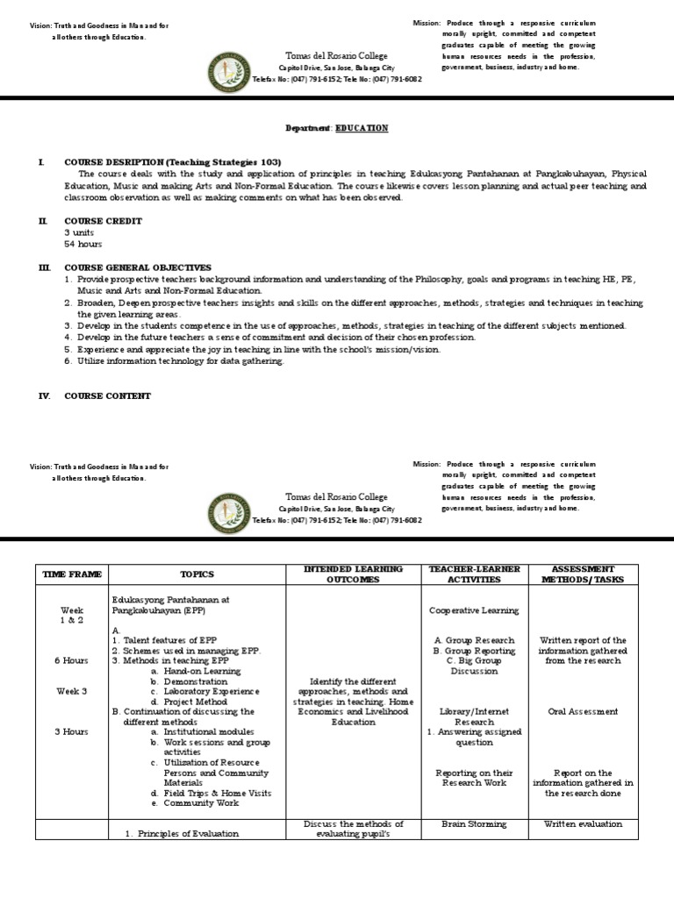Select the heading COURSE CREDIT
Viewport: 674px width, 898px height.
tap(103, 221)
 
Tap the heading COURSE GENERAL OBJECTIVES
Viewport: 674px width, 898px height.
tap(138, 267)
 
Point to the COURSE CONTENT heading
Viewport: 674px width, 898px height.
tap(107, 396)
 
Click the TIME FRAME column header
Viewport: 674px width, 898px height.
tap(72, 574)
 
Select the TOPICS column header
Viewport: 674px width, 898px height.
tap(197, 574)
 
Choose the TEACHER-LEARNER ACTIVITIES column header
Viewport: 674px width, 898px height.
tap(474, 574)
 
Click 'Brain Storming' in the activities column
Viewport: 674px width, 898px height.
tap(474, 824)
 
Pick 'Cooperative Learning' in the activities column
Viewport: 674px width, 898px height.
tap(474, 610)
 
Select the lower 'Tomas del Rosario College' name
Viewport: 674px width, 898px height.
tap(337, 496)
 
